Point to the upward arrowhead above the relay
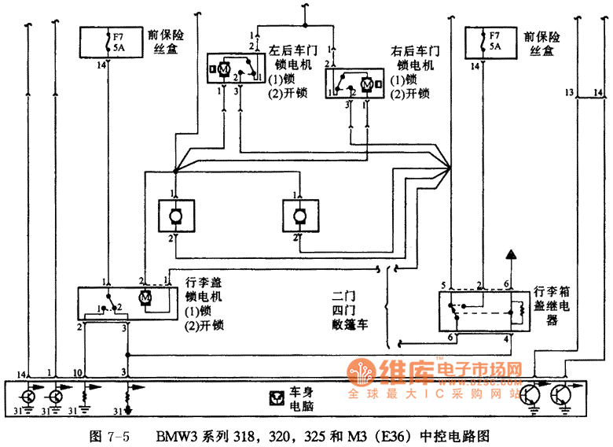510,254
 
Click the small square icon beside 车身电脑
276,397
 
